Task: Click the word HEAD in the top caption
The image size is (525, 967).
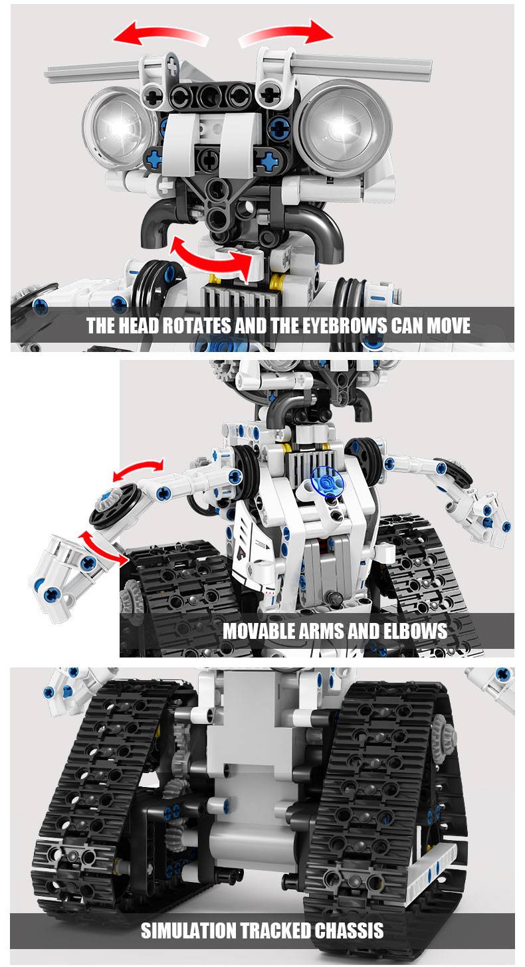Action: point(139,325)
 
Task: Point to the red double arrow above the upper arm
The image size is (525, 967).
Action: point(138,470)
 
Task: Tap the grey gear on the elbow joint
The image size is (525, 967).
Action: point(110,501)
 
